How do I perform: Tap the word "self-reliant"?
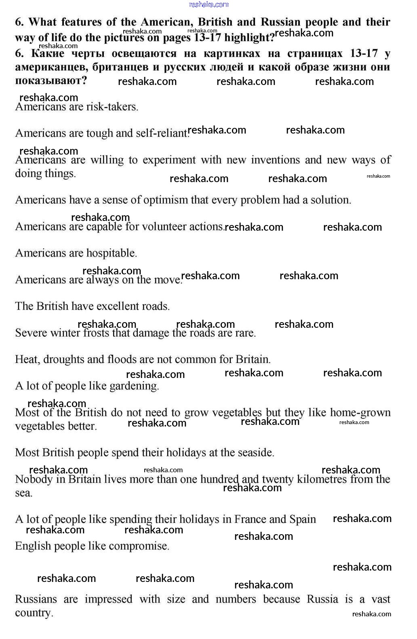pos(162,133)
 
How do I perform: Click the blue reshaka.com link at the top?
pos(209,4)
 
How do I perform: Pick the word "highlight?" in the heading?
pos(249,38)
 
